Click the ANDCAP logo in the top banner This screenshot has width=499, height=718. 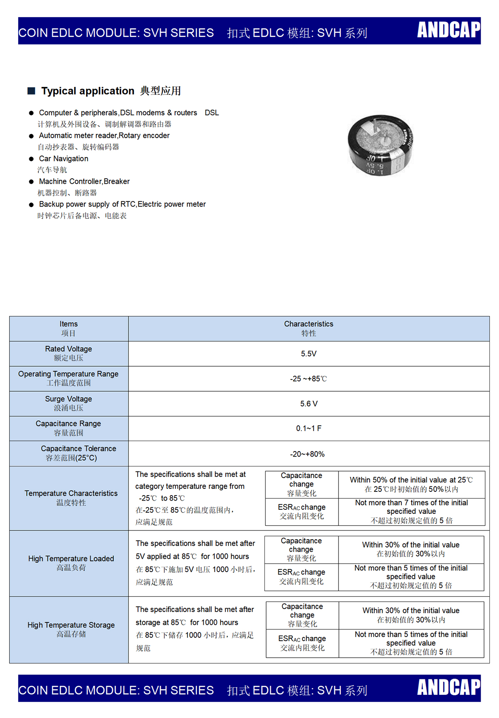(x=448, y=30)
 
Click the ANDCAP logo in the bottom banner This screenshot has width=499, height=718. (x=448, y=687)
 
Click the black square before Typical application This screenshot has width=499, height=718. (x=31, y=91)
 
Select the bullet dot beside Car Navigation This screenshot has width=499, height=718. (x=31, y=159)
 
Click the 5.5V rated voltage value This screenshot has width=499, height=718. (x=309, y=354)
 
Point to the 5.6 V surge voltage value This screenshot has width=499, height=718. (x=309, y=404)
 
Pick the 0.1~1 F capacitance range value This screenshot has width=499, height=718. (x=309, y=428)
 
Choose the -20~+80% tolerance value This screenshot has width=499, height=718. (x=307, y=454)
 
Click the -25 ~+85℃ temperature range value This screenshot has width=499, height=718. (x=309, y=379)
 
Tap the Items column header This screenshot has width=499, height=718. (x=69, y=328)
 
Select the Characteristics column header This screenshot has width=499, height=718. (x=309, y=328)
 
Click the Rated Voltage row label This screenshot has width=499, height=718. (x=69, y=353)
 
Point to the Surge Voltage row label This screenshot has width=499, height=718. (x=69, y=403)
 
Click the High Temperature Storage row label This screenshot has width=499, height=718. (x=71, y=629)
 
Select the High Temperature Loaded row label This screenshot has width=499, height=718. (x=71, y=563)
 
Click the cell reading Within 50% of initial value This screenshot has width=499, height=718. (x=411, y=484)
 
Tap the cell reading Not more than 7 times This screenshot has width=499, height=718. (x=411, y=511)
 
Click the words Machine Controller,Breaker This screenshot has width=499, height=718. (x=84, y=182)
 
